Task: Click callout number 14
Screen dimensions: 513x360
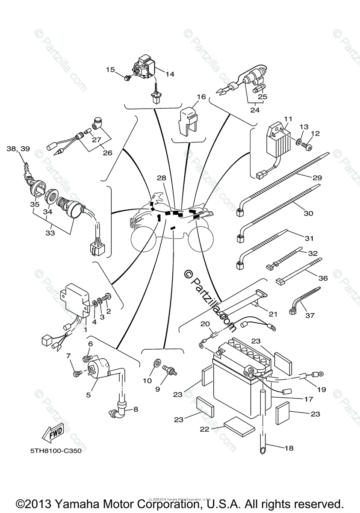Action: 170,74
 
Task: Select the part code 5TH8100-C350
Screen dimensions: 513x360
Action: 56,451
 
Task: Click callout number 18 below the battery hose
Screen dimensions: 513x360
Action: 289,448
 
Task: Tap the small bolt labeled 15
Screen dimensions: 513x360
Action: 127,78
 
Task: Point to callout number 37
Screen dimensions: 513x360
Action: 322,315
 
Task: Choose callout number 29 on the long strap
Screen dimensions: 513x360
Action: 317,177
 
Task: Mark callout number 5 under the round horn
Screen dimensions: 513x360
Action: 89,395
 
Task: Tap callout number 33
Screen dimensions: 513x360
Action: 50,233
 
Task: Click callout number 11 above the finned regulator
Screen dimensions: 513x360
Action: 288,118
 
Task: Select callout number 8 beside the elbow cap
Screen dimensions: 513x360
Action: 136,409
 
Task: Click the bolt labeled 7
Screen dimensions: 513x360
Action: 77,374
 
